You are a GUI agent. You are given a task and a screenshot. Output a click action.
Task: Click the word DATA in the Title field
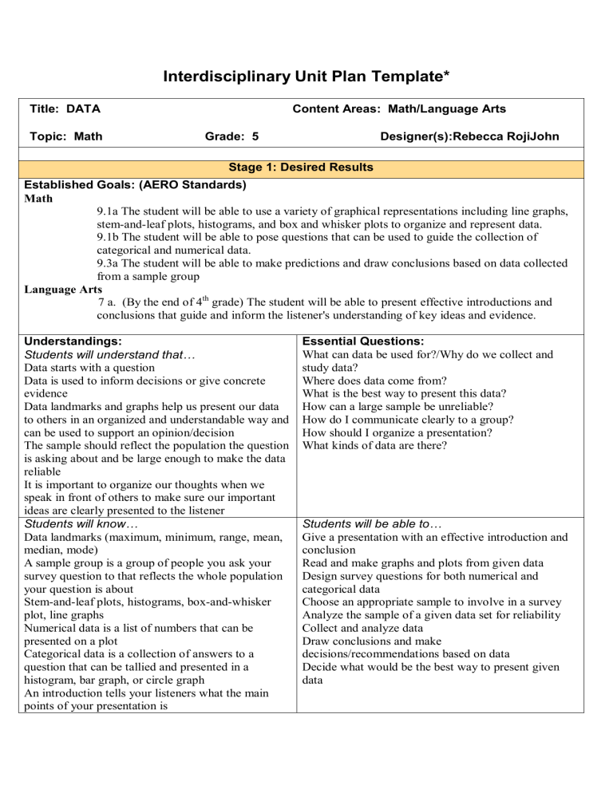pyautogui.click(x=83, y=108)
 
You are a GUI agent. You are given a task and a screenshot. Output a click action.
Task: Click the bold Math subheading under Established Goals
pyautogui.click(x=38, y=199)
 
